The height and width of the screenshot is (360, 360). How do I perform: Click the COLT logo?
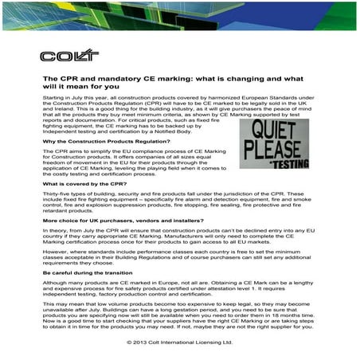pos(59,57)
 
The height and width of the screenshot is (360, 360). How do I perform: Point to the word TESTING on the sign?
pos(280,164)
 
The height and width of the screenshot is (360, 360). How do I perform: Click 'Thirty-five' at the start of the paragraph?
pos(57,194)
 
